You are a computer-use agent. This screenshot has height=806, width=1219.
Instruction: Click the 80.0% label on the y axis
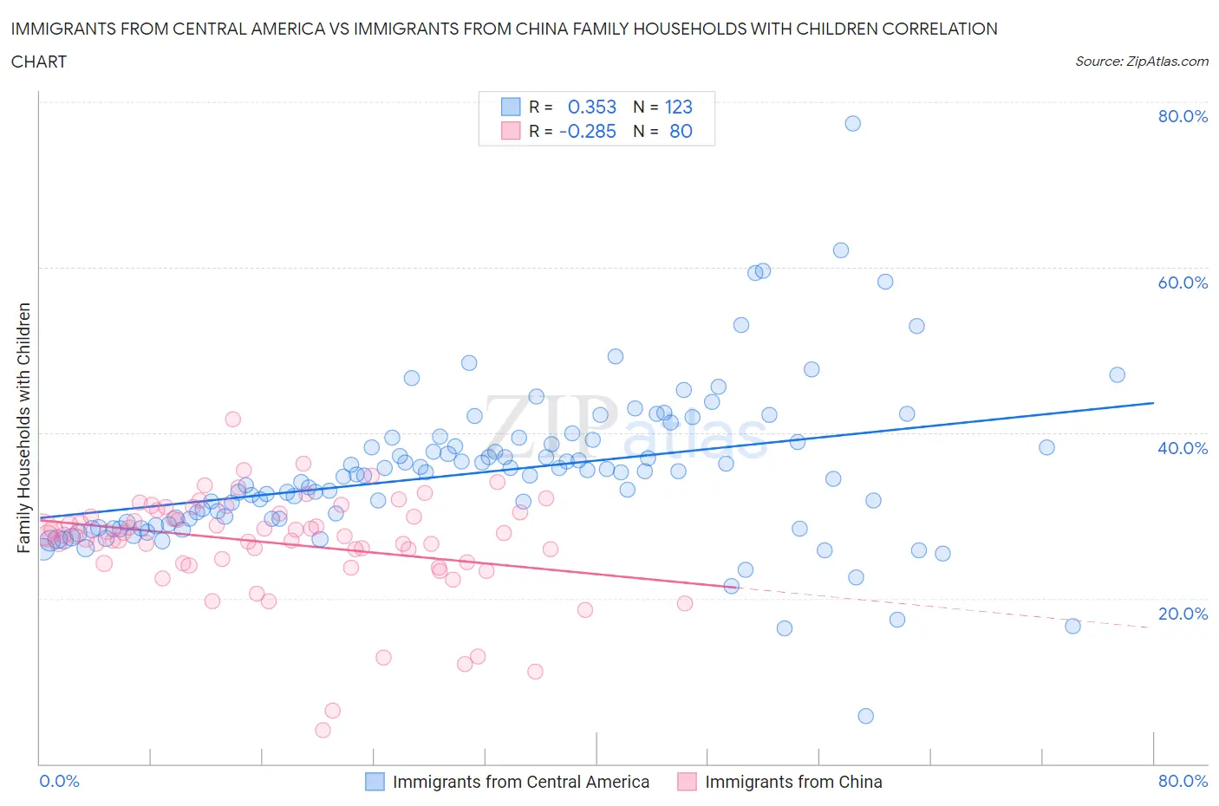click(1183, 116)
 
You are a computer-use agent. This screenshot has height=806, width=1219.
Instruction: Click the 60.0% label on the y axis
click(1183, 283)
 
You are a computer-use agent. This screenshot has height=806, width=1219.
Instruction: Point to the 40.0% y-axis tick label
click(1183, 448)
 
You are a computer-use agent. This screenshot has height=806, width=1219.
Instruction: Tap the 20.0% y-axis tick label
click(1183, 614)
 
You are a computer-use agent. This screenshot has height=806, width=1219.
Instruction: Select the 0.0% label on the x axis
click(59, 781)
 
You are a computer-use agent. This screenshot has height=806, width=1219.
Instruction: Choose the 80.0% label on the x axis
click(1183, 781)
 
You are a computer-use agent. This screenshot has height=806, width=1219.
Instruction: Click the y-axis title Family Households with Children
click(23, 427)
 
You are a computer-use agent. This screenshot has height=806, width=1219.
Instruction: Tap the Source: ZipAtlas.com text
click(1141, 62)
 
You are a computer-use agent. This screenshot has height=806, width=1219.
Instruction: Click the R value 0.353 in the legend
click(591, 107)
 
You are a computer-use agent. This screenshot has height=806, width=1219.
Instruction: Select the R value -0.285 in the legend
click(587, 131)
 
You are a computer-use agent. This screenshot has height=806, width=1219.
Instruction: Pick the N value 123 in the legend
click(678, 107)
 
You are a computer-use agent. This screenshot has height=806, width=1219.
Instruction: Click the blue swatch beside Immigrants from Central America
click(375, 782)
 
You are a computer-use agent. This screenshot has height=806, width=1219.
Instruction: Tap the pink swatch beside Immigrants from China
click(687, 782)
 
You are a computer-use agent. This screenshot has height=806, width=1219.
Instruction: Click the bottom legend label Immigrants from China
click(793, 782)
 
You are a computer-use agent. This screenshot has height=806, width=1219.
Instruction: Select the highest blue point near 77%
click(852, 123)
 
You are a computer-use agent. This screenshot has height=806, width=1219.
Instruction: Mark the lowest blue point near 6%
click(865, 716)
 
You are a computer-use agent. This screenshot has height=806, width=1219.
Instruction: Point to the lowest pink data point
click(323, 730)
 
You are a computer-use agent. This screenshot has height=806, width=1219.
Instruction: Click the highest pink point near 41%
click(232, 419)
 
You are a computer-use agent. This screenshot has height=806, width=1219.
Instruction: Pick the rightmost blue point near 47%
click(1117, 374)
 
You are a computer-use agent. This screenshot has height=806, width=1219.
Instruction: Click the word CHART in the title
click(39, 62)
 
